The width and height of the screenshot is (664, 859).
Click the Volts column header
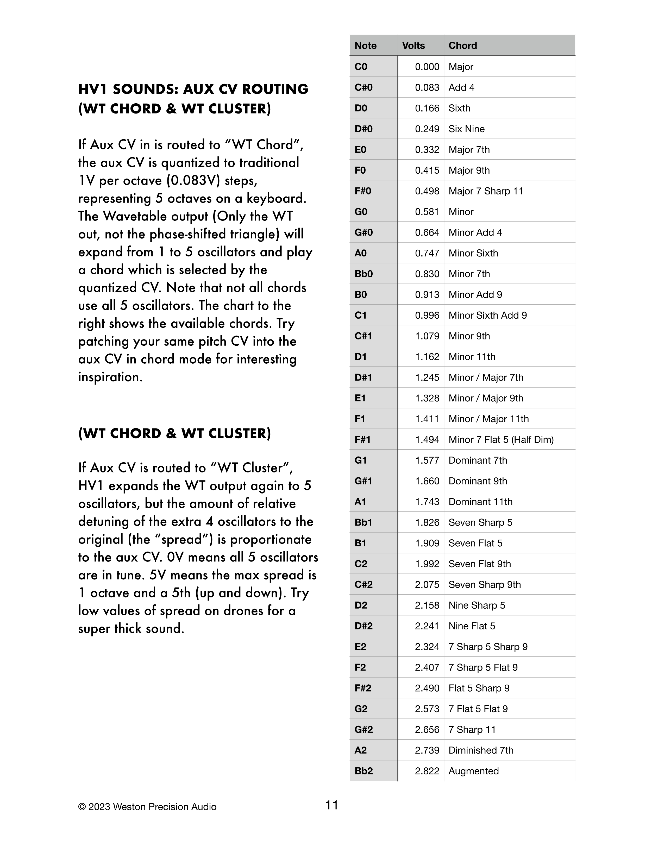click(x=414, y=46)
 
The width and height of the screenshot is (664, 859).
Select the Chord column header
click(x=463, y=46)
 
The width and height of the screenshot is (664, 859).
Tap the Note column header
click(x=365, y=46)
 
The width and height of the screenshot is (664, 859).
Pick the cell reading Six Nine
click(x=467, y=129)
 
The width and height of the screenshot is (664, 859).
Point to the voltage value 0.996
click(x=427, y=315)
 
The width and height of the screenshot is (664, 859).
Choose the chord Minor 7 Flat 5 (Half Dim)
click(x=501, y=440)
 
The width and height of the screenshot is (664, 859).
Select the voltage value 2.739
click(x=427, y=750)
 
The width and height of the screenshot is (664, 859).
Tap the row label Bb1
click(x=363, y=522)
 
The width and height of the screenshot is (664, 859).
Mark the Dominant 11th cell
click(x=480, y=502)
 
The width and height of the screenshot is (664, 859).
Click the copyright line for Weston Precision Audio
click(x=147, y=807)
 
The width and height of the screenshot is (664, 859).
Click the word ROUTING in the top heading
click(x=275, y=89)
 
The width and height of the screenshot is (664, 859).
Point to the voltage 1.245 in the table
click(x=427, y=378)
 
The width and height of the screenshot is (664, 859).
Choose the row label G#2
click(x=364, y=730)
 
